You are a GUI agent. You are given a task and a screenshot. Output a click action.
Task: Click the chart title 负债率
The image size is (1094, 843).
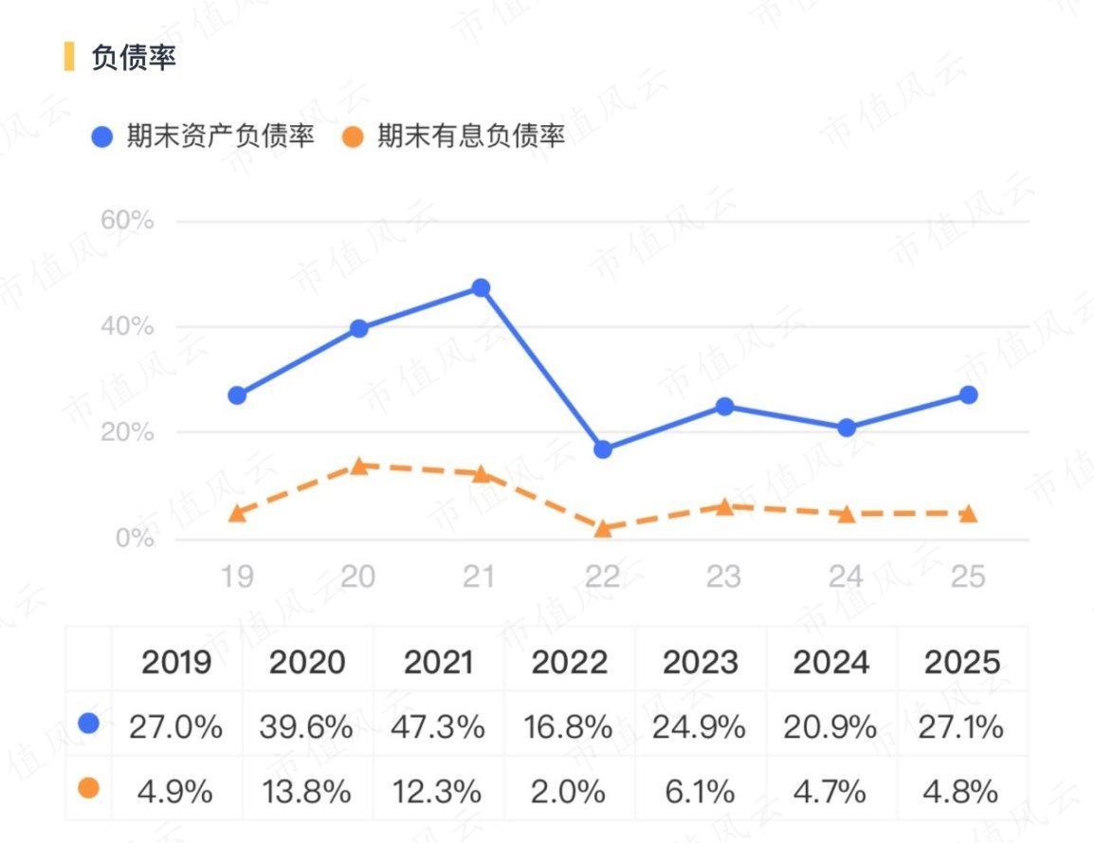tap(134, 57)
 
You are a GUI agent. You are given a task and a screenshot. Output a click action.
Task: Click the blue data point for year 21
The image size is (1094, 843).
tap(481, 287)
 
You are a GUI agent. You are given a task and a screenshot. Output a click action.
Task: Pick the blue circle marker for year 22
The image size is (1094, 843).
tap(603, 449)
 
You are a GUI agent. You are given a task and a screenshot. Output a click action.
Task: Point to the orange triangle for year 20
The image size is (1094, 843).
tap(359, 466)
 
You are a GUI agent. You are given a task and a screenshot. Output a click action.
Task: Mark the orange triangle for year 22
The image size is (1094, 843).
tap(603, 528)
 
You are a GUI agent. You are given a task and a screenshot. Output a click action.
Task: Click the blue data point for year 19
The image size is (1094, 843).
tap(237, 394)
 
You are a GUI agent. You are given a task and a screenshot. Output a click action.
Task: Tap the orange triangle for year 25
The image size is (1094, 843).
tap(968, 514)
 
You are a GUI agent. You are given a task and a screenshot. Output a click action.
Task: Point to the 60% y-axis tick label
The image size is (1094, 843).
tap(127, 221)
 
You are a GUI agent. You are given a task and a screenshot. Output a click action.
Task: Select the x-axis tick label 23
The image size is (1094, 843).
tap(724, 576)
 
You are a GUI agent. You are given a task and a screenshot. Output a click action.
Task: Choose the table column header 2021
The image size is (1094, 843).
tap(438, 662)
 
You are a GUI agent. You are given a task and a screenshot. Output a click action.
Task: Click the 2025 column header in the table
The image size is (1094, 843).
tap(962, 662)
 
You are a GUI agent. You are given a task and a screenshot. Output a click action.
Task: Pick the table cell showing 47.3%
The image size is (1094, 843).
tap(438, 727)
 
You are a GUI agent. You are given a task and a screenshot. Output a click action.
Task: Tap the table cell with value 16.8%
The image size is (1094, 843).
tap(568, 727)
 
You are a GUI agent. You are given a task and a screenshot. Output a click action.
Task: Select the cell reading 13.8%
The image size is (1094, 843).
tap(306, 791)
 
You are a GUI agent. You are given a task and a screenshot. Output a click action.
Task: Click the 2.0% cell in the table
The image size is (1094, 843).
tap(568, 791)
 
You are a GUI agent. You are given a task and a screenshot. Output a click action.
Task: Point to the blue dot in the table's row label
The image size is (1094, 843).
tap(89, 724)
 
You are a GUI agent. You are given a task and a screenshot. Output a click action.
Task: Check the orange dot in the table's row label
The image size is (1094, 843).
tap(89, 788)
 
